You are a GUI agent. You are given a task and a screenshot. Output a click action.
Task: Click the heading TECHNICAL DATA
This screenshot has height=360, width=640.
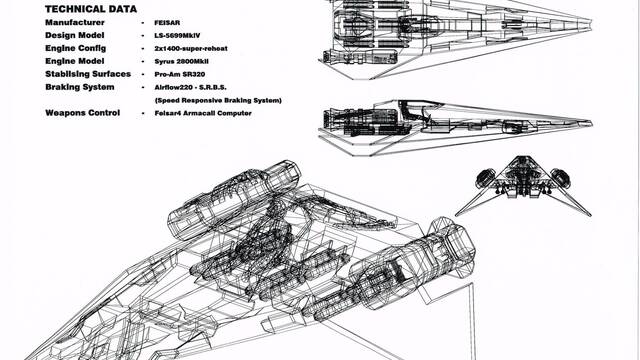[91, 9]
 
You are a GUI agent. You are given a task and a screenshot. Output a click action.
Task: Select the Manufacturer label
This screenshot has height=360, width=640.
[75, 22]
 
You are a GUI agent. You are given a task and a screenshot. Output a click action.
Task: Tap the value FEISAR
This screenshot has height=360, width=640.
[167, 23]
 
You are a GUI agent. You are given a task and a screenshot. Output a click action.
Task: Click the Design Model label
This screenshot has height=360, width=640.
[75, 36]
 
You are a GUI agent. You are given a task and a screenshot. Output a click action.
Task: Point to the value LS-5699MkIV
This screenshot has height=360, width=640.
[177, 36]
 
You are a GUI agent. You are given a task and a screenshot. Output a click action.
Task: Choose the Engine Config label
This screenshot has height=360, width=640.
[76, 48]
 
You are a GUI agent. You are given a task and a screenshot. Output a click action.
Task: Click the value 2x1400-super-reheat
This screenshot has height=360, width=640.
[191, 49]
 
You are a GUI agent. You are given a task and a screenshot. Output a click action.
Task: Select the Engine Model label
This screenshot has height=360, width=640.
[75, 61]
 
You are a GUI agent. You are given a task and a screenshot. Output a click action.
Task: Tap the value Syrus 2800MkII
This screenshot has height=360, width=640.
[182, 62]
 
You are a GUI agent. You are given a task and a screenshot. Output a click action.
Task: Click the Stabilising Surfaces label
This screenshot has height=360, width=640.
[88, 74]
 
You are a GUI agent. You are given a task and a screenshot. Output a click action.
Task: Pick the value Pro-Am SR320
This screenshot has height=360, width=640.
[180, 75]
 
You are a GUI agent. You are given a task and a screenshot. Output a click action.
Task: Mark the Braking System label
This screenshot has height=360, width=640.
[80, 87]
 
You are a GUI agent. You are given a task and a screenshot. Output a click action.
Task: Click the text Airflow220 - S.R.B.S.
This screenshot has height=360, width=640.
[190, 87]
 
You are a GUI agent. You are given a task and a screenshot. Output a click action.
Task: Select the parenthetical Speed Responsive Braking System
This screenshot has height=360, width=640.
[218, 100]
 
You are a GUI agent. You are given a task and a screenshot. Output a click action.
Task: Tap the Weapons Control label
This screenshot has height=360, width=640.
[82, 113]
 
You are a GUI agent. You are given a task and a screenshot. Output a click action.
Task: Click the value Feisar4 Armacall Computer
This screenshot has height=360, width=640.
[203, 113]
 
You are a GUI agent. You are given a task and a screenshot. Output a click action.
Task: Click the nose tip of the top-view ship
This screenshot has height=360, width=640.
[591, 23]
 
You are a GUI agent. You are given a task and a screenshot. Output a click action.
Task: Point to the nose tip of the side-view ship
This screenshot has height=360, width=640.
[591, 122]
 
